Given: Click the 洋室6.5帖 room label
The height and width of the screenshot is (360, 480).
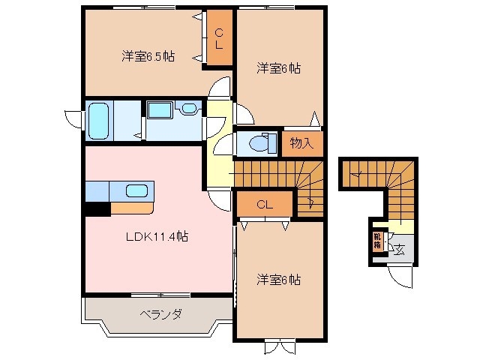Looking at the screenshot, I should (x=148, y=56).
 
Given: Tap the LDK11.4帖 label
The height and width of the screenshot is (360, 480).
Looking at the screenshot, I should (x=156, y=236).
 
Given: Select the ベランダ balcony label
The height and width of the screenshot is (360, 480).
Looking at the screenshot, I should (x=160, y=313).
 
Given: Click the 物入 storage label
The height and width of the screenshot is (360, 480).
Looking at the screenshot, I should (x=301, y=143).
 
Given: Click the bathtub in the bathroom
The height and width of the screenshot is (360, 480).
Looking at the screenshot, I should (x=99, y=120).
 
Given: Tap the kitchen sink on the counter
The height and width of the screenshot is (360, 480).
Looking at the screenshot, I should (x=136, y=190).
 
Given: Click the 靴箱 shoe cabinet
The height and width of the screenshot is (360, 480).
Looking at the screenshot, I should (x=377, y=241).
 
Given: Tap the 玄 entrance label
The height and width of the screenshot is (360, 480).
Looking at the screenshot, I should (x=399, y=250).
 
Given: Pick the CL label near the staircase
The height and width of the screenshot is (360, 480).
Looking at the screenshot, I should (x=263, y=204).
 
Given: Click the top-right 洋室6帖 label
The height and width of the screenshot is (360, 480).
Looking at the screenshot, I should (x=278, y=68).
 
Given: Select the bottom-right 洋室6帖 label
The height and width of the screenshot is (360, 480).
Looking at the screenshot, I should (x=278, y=280).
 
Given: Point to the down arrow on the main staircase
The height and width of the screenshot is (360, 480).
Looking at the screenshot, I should (x=311, y=201).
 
